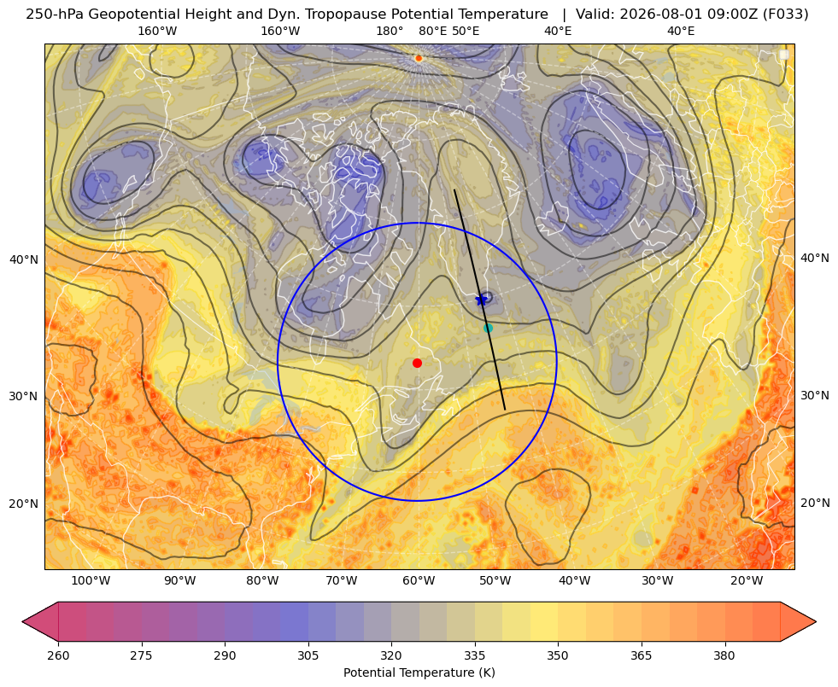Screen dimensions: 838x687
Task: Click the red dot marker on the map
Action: coord(418,363)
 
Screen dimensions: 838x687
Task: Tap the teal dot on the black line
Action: coord(488,329)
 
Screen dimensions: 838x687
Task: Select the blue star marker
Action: coord(482,300)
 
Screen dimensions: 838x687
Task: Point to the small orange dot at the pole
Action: coord(419,58)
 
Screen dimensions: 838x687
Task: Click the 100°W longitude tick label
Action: coord(91,581)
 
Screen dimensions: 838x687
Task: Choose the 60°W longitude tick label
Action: coord(419,581)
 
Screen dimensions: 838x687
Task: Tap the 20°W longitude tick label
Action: coord(747,581)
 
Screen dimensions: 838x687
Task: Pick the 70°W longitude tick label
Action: coord(341,581)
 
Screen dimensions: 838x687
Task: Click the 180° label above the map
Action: coord(390,31)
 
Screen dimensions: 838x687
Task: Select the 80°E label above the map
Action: coord(432,31)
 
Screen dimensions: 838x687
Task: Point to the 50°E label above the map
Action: coord(466,31)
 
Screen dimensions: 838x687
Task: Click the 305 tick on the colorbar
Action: coord(308,655)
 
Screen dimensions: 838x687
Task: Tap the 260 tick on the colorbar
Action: coord(58,655)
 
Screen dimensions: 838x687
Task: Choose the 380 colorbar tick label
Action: coord(724,655)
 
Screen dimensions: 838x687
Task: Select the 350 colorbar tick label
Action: coord(558,655)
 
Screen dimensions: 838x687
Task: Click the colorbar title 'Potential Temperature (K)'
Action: coord(419,672)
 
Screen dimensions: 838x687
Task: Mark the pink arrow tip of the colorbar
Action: coord(23,621)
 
